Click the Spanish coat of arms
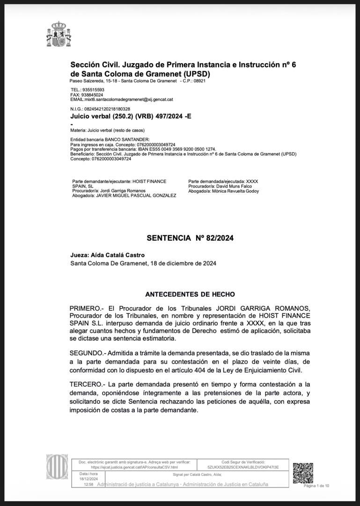pyautogui.click(x=59, y=34)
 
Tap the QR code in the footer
pyautogui.click(x=303, y=473)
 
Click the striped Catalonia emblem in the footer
pyautogui.click(x=57, y=466)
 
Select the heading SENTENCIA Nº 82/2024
pyautogui.click(x=190, y=238)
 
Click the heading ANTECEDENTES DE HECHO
pyautogui.click(x=190, y=294)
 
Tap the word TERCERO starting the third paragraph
pyautogui.click(x=86, y=384)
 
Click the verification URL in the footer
pyautogui.click(x=134, y=467)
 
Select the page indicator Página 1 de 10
pyautogui.click(x=316, y=486)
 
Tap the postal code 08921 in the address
pyautogui.click(x=199, y=81)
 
